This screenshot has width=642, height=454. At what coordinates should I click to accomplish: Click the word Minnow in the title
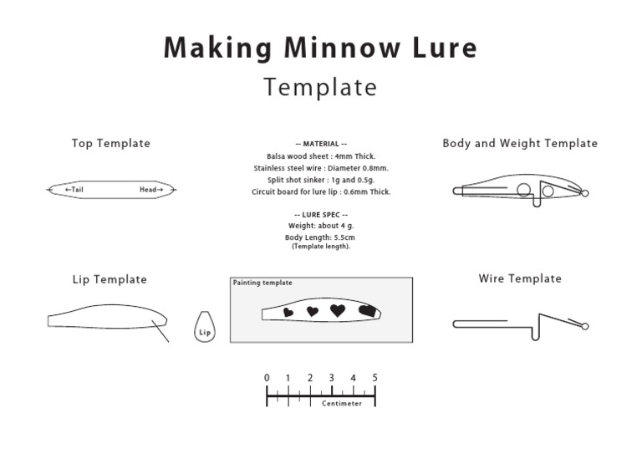click(342, 48)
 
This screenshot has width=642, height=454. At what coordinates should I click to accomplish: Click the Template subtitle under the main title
click(320, 87)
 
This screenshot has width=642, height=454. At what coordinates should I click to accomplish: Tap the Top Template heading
click(111, 143)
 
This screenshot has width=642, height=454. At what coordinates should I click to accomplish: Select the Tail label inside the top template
click(74, 190)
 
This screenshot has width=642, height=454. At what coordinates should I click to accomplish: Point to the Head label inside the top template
click(151, 190)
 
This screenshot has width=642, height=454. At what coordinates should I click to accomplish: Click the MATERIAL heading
click(321, 144)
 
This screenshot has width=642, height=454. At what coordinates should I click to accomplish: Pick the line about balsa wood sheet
click(321, 156)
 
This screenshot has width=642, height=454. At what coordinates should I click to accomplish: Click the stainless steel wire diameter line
click(321, 168)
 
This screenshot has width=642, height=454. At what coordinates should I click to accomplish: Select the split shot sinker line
click(321, 180)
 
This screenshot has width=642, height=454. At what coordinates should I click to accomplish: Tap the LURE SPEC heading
click(321, 215)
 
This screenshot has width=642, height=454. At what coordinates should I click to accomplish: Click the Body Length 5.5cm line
click(320, 237)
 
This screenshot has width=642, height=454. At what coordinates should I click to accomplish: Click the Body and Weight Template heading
click(520, 143)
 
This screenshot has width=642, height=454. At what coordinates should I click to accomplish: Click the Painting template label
click(262, 283)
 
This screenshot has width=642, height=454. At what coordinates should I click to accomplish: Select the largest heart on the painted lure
click(338, 310)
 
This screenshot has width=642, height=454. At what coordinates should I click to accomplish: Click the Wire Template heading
click(520, 278)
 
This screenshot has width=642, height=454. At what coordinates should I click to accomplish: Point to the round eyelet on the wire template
click(585, 326)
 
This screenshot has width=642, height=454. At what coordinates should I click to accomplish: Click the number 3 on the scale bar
click(331, 378)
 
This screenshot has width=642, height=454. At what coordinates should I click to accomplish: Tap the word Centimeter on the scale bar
click(342, 403)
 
